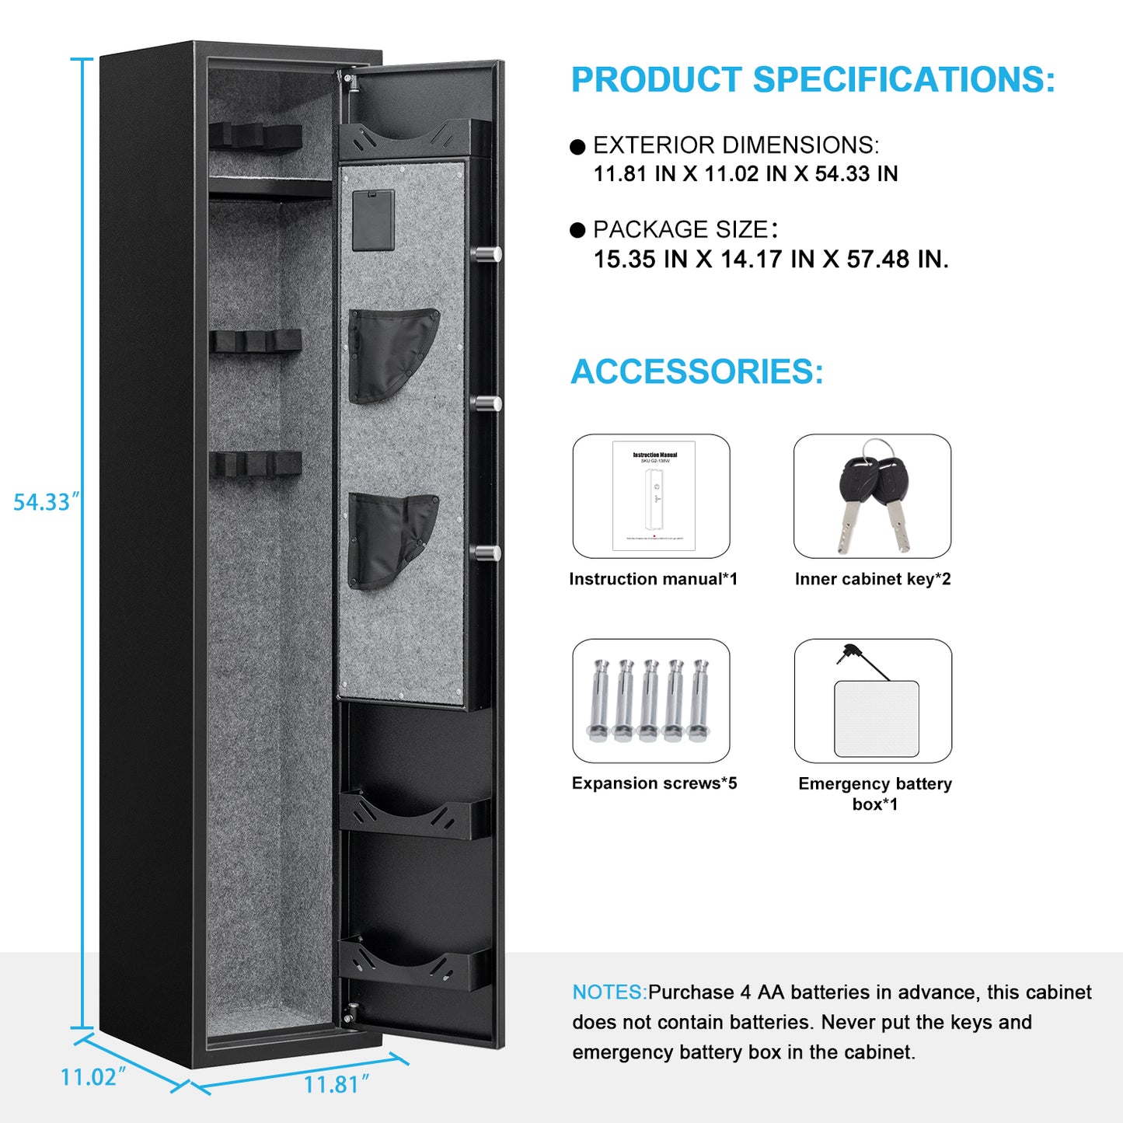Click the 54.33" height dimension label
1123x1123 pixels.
[x=44, y=502]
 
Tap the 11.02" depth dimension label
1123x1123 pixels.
[x=92, y=1077]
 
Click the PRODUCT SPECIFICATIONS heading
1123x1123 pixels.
[x=813, y=80]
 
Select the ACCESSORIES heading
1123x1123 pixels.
[x=697, y=371]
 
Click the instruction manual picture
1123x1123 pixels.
[x=653, y=496]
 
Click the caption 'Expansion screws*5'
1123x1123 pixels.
[x=654, y=783]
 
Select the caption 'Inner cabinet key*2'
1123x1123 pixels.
[x=873, y=579]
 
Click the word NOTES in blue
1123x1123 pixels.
[x=609, y=992]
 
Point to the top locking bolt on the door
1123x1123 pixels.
[x=488, y=253]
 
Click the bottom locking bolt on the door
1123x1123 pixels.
[x=488, y=553]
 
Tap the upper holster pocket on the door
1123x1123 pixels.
[x=392, y=354]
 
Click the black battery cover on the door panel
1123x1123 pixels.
[x=373, y=220]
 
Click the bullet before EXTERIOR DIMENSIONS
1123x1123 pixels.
[x=577, y=147]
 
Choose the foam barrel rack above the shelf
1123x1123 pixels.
[x=256, y=138]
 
